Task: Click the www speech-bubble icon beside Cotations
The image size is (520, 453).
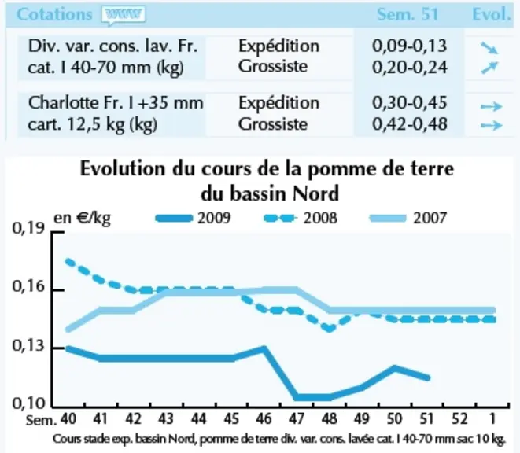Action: (x=124, y=15)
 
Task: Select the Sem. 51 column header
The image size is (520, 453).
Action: (x=408, y=14)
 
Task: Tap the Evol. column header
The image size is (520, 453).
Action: (x=492, y=14)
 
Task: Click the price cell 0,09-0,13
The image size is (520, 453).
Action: (x=410, y=46)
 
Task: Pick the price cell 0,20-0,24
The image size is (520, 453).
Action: (x=410, y=68)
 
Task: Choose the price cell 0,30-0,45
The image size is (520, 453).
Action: (x=410, y=103)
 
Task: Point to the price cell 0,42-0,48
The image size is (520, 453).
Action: (x=410, y=124)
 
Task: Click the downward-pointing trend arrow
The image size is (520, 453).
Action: (x=489, y=49)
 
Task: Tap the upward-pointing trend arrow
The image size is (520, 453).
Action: (x=489, y=68)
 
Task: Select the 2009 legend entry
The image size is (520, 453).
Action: (x=193, y=218)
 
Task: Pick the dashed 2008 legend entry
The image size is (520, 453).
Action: (x=301, y=218)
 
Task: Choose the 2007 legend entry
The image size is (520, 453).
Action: (x=408, y=218)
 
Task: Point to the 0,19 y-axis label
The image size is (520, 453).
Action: (x=28, y=228)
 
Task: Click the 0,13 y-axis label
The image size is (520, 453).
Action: (x=28, y=345)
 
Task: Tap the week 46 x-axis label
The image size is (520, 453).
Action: (x=264, y=419)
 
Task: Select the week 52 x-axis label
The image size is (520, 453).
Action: (x=459, y=419)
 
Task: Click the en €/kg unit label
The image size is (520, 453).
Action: (x=83, y=218)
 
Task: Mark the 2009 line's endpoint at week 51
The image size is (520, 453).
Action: (x=427, y=377)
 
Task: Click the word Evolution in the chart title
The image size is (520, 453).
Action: (x=123, y=169)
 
